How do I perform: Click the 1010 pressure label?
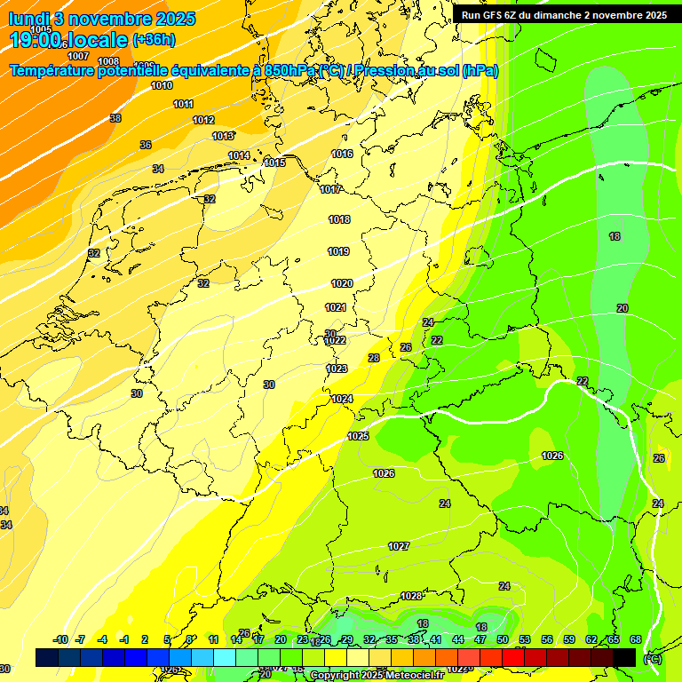pos(162,86)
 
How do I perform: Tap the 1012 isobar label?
pos(203,120)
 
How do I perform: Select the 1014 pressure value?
pos(239,155)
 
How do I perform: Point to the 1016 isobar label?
pos(342,154)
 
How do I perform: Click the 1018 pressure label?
pos(339,219)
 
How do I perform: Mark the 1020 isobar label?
pos(342,283)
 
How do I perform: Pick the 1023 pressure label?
pos(337,369)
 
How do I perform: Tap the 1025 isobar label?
pos(358,436)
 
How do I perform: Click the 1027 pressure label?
pos(399,546)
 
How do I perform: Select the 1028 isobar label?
pos(411,596)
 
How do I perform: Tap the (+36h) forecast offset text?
pos(154,40)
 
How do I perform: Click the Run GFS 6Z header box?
pos(564,15)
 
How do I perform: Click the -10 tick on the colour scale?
pos(60,639)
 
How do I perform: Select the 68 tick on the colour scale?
pos(636,639)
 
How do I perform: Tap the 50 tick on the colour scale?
pos(503,639)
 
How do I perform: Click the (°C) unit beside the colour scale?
pos(652,658)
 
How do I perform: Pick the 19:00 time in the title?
pos(36,40)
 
